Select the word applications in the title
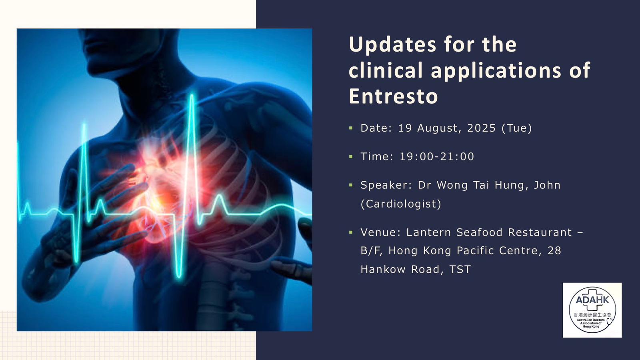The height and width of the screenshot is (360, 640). coord(496,70)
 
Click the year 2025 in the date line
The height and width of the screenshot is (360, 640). coord(482,128)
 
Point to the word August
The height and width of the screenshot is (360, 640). coord(439,128)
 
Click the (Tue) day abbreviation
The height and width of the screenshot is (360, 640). coord(516,128)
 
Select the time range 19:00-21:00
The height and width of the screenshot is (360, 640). coord(437,156)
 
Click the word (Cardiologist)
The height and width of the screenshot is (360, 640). coord(401,204)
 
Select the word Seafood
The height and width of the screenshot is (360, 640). coord(479,232)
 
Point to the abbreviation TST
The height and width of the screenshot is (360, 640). coord(460,270)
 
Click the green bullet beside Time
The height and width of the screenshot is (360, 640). coord(351,156)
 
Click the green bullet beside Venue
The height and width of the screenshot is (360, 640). coord(351,232)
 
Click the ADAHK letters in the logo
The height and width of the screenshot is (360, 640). coord(592,300)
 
